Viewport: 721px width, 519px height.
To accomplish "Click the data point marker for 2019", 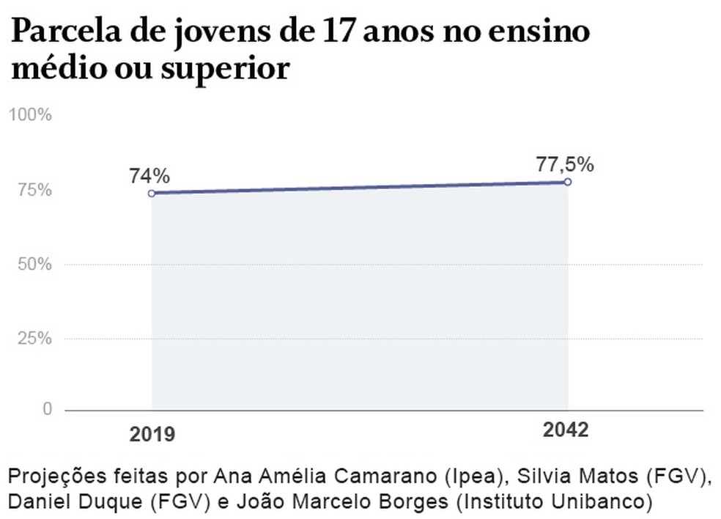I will (152, 194).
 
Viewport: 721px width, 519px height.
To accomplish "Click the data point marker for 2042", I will (567, 182).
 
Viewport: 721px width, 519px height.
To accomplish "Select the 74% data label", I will (149, 176).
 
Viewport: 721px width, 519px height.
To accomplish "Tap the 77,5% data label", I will (564, 164).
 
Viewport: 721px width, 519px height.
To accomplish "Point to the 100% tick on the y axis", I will (30, 115).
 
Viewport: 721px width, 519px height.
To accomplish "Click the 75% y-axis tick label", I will (34, 190).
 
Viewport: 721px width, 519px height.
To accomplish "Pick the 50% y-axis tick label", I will (34, 265).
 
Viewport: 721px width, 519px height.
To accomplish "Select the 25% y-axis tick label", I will (34, 339).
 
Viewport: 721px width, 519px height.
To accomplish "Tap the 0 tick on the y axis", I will (47, 409).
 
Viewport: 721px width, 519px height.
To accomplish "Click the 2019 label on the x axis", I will (152, 434).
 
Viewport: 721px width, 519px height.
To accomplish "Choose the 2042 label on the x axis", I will (566, 430).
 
